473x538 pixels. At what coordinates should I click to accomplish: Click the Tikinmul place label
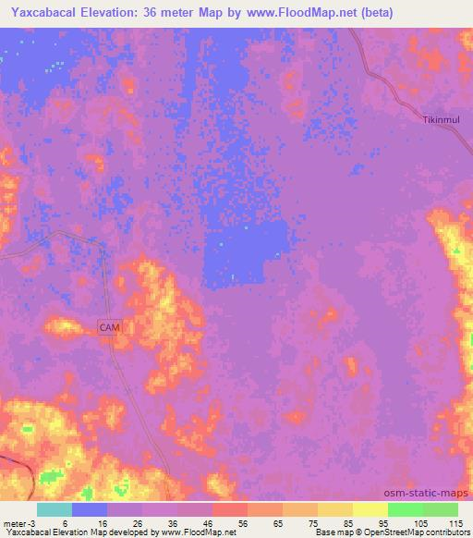click(x=441, y=120)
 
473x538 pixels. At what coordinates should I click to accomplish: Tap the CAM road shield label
click(x=110, y=327)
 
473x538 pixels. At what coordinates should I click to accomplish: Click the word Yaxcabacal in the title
click(x=46, y=13)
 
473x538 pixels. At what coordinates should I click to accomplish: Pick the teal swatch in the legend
click(x=55, y=509)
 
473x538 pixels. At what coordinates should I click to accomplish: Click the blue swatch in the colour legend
click(x=90, y=509)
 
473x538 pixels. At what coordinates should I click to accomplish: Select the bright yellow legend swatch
click(x=370, y=509)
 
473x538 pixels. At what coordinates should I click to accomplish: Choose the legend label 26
click(x=136, y=522)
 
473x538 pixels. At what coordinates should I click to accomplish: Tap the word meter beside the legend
click(x=13, y=522)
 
